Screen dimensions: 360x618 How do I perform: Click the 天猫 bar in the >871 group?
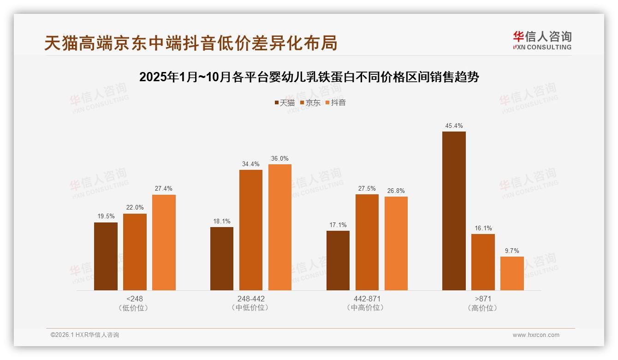(x=454, y=211)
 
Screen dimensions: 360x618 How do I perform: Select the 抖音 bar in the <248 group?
(x=164, y=242)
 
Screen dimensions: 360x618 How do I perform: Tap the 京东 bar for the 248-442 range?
(x=250, y=230)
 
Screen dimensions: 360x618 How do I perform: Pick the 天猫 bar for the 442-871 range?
(x=338, y=260)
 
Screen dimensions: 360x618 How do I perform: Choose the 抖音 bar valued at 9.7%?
(x=512, y=273)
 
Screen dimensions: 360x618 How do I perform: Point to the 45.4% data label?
(x=454, y=126)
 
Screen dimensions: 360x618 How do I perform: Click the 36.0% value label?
(x=279, y=158)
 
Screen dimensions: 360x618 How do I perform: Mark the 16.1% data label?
(x=483, y=228)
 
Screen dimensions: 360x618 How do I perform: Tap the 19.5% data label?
(x=106, y=216)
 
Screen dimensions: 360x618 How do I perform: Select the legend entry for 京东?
(x=310, y=103)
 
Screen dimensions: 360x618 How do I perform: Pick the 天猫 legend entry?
(x=285, y=103)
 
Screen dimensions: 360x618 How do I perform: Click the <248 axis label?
(x=134, y=299)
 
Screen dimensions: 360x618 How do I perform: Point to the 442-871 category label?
(x=367, y=299)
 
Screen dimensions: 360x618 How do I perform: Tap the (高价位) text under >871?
(x=482, y=308)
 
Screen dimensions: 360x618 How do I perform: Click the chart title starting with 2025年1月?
(x=309, y=77)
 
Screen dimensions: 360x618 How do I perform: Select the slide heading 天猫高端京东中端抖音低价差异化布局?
(x=190, y=43)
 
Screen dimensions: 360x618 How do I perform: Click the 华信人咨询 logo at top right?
(x=542, y=40)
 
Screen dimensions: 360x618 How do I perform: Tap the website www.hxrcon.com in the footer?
(x=536, y=335)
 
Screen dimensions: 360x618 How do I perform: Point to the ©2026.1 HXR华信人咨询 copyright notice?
(x=85, y=335)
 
